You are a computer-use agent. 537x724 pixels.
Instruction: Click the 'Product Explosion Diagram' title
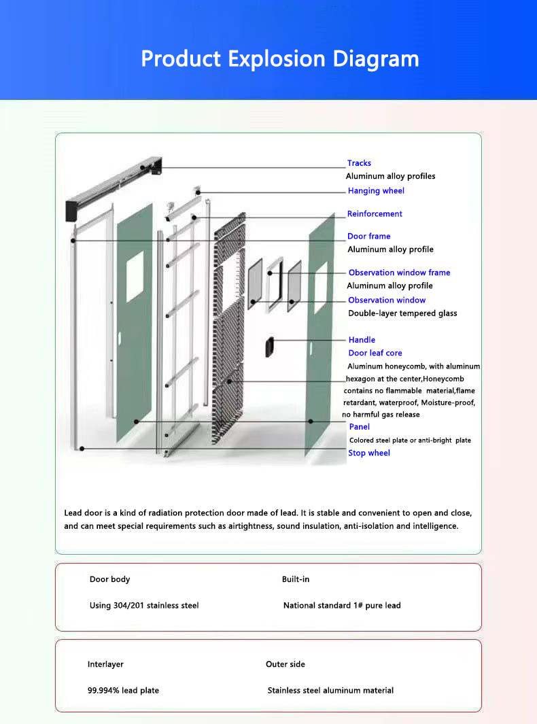pos(279,59)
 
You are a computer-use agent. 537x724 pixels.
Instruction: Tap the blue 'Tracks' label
pos(359,163)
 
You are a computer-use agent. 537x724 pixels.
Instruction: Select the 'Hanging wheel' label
pos(376,191)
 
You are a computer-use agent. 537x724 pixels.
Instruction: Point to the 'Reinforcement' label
pos(375,214)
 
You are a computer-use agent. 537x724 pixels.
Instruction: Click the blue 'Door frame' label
pos(368,237)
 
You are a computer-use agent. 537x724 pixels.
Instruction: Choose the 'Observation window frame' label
pos(399,273)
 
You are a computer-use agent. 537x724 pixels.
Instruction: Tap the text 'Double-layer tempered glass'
pos(402,313)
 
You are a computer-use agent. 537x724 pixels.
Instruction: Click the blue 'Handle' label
pos(362,340)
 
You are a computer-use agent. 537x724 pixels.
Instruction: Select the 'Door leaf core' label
pos(375,354)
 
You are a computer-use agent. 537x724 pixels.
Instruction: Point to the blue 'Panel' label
pos(360,427)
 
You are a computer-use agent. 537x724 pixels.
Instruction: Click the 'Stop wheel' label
pos(369,453)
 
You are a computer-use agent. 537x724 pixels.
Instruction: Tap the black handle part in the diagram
pos(270,347)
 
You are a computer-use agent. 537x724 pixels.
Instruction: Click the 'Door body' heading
pos(109,579)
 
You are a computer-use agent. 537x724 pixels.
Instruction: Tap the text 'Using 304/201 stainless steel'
pos(144,605)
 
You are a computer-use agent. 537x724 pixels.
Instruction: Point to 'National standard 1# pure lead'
pos(342,605)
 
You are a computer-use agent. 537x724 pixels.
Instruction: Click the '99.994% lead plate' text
pos(123,691)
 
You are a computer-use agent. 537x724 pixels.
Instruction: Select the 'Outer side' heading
pos(285,664)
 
